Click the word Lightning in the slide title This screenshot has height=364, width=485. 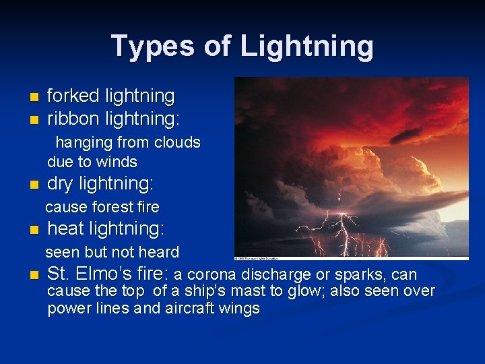pyautogui.click(x=306, y=47)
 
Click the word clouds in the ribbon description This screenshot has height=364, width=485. pyautogui.click(x=178, y=143)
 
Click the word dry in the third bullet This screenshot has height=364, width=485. pyautogui.click(x=61, y=184)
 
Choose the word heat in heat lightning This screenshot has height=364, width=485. pyautogui.click(x=65, y=229)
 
